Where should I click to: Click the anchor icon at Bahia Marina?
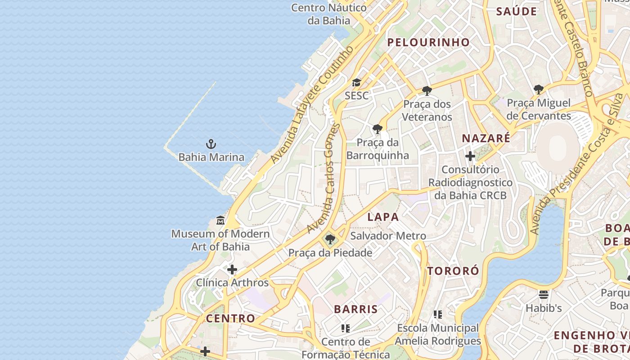[211, 144]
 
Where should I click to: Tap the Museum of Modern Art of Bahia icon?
[220, 220]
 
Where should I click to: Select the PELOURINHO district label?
[428, 42]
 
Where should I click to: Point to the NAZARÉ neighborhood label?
[486, 138]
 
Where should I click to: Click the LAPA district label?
[383, 217]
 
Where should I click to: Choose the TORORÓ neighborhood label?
[453, 271]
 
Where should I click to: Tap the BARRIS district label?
[355, 309]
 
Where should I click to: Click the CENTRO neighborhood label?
[230, 318]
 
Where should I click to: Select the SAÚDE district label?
[517, 12]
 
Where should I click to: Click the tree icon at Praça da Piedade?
[330, 239]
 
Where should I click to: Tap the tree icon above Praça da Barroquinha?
[378, 130]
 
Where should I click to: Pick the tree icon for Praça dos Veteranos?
[427, 91]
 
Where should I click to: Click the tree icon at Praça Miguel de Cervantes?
[538, 90]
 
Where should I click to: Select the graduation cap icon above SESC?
[356, 82]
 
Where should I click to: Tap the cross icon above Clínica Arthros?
[232, 270]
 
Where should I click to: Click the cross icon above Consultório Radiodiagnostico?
[470, 156]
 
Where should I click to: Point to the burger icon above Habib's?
[544, 295]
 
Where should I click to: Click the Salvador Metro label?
[388, 236]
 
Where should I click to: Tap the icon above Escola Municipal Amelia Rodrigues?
[438, 315]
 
